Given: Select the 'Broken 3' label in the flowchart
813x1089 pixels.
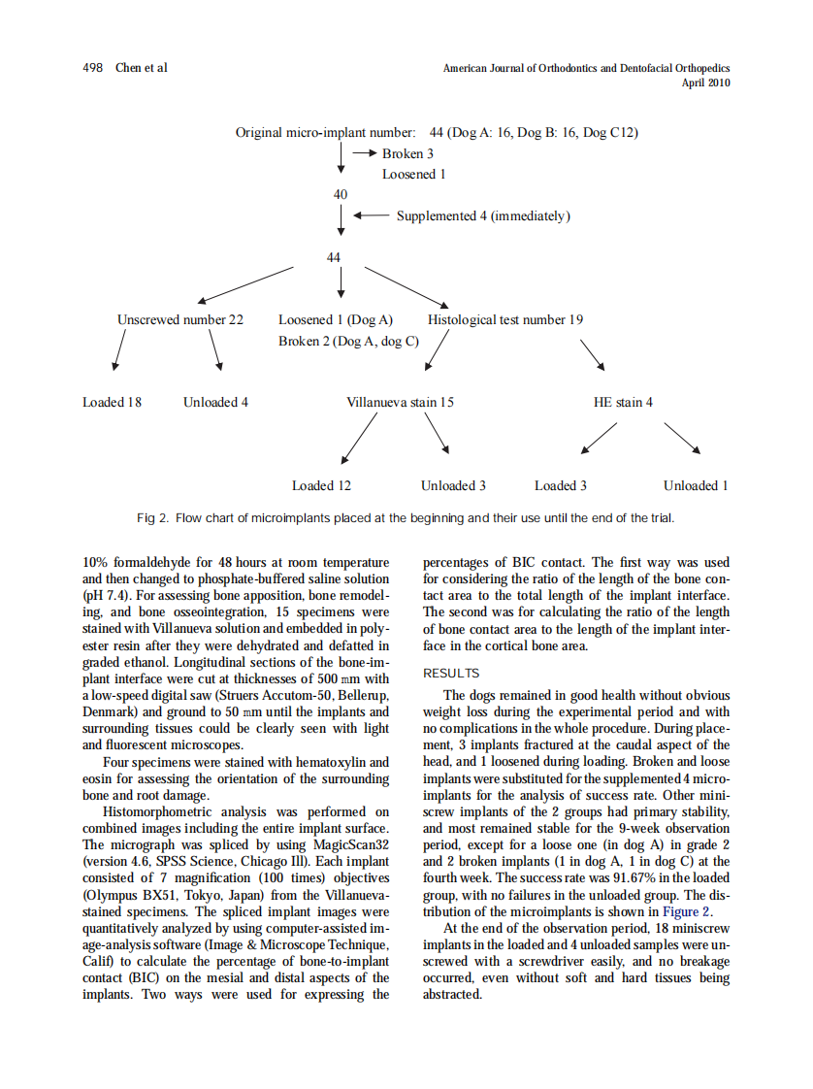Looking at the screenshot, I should pos(407,153).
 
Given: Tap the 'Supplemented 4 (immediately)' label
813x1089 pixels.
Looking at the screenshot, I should pos(482,215).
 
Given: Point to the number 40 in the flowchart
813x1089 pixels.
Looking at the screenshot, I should pos(341,194).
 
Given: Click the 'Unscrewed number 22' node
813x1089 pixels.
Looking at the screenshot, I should pos(180,319).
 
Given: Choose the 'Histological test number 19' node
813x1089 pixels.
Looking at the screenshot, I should pos(505,319).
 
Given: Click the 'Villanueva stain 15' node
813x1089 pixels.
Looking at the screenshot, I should pos(400,402).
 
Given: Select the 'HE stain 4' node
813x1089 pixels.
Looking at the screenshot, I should pos(623,402).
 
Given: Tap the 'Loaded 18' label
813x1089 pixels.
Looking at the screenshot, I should pos(112,402).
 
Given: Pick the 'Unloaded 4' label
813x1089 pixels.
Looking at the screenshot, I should pos(215,402).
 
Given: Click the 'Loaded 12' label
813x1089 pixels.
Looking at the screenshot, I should pos(321,485).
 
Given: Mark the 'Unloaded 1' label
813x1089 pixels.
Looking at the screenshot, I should pos(696,485).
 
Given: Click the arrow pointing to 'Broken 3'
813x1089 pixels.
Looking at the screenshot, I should pos(364,153).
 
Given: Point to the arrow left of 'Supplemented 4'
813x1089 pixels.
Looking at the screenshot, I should pos(372,215).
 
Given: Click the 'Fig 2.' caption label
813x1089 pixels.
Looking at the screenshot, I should pos(153,517).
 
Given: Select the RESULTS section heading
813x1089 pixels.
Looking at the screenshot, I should pos(451,674).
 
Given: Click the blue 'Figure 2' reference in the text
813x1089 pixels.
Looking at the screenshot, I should pos(687,911).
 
